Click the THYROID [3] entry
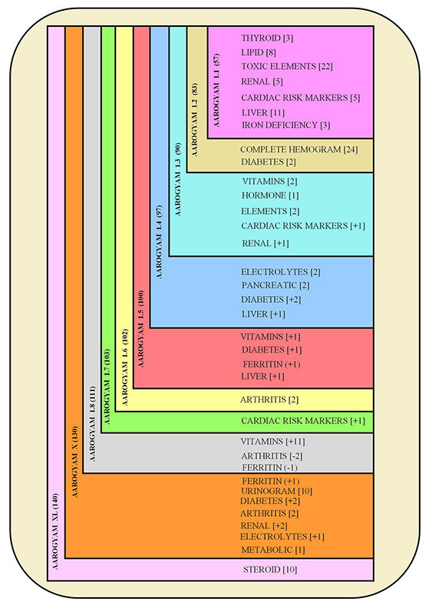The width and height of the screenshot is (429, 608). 267,38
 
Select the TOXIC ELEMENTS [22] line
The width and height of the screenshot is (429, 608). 287,66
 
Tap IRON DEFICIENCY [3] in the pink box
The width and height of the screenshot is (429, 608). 285,125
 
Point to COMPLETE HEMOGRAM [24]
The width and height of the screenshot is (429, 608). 299,150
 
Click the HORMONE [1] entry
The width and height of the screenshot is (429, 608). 270,196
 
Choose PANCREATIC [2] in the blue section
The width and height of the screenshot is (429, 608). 276,285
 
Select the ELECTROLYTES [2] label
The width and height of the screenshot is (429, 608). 281,272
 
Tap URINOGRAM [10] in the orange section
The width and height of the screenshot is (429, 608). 277,491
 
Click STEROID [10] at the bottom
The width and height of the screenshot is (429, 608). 270,570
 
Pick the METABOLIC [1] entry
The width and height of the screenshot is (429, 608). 273,550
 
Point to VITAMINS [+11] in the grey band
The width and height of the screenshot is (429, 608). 272,442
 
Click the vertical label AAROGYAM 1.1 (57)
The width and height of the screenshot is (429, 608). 216,90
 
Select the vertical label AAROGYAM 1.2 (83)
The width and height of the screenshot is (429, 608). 194,120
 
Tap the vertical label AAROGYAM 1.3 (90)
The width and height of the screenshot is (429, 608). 178,179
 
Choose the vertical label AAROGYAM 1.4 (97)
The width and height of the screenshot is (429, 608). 159,242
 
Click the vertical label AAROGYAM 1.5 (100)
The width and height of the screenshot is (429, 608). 140,329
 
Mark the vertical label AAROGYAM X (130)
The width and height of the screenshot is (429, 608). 75,462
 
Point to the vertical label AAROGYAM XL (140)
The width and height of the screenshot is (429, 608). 55,531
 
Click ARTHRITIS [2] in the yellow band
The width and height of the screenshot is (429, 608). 269,399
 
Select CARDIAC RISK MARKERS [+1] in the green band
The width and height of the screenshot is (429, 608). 303,421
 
